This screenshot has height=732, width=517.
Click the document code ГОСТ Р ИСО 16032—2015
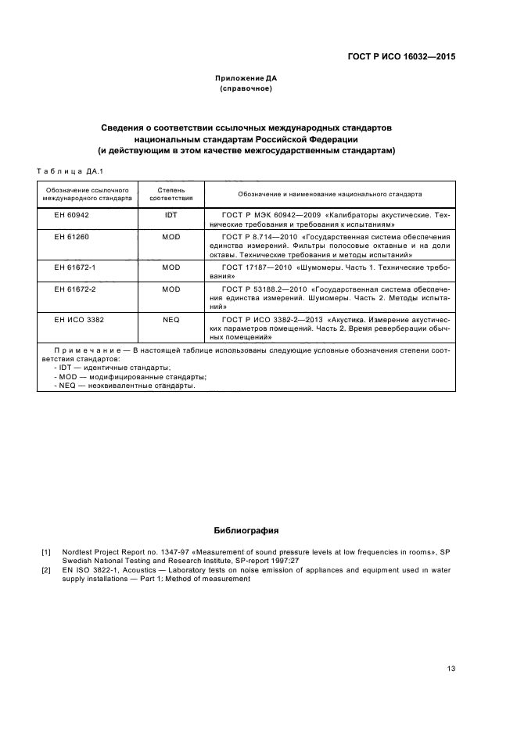pos(402,56)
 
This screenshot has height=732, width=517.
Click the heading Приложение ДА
pos(246,78)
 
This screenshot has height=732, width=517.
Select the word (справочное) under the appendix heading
pos(246,88)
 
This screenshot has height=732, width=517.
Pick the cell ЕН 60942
pos(72,214)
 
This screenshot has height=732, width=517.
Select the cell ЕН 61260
pos(72,236)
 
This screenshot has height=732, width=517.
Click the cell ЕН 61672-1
pos(74,267)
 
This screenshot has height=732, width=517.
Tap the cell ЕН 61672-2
pos(74,289)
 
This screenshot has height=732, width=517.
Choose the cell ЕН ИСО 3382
pos(77,320)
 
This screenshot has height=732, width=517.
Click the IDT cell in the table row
pos(171,214)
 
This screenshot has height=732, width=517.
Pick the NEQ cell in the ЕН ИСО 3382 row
pos(171,320)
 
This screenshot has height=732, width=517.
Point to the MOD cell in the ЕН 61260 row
pos(171,236)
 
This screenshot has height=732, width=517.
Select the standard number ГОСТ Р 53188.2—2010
pos(263,289)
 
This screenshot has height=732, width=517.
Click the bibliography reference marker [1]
pos(46,553)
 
